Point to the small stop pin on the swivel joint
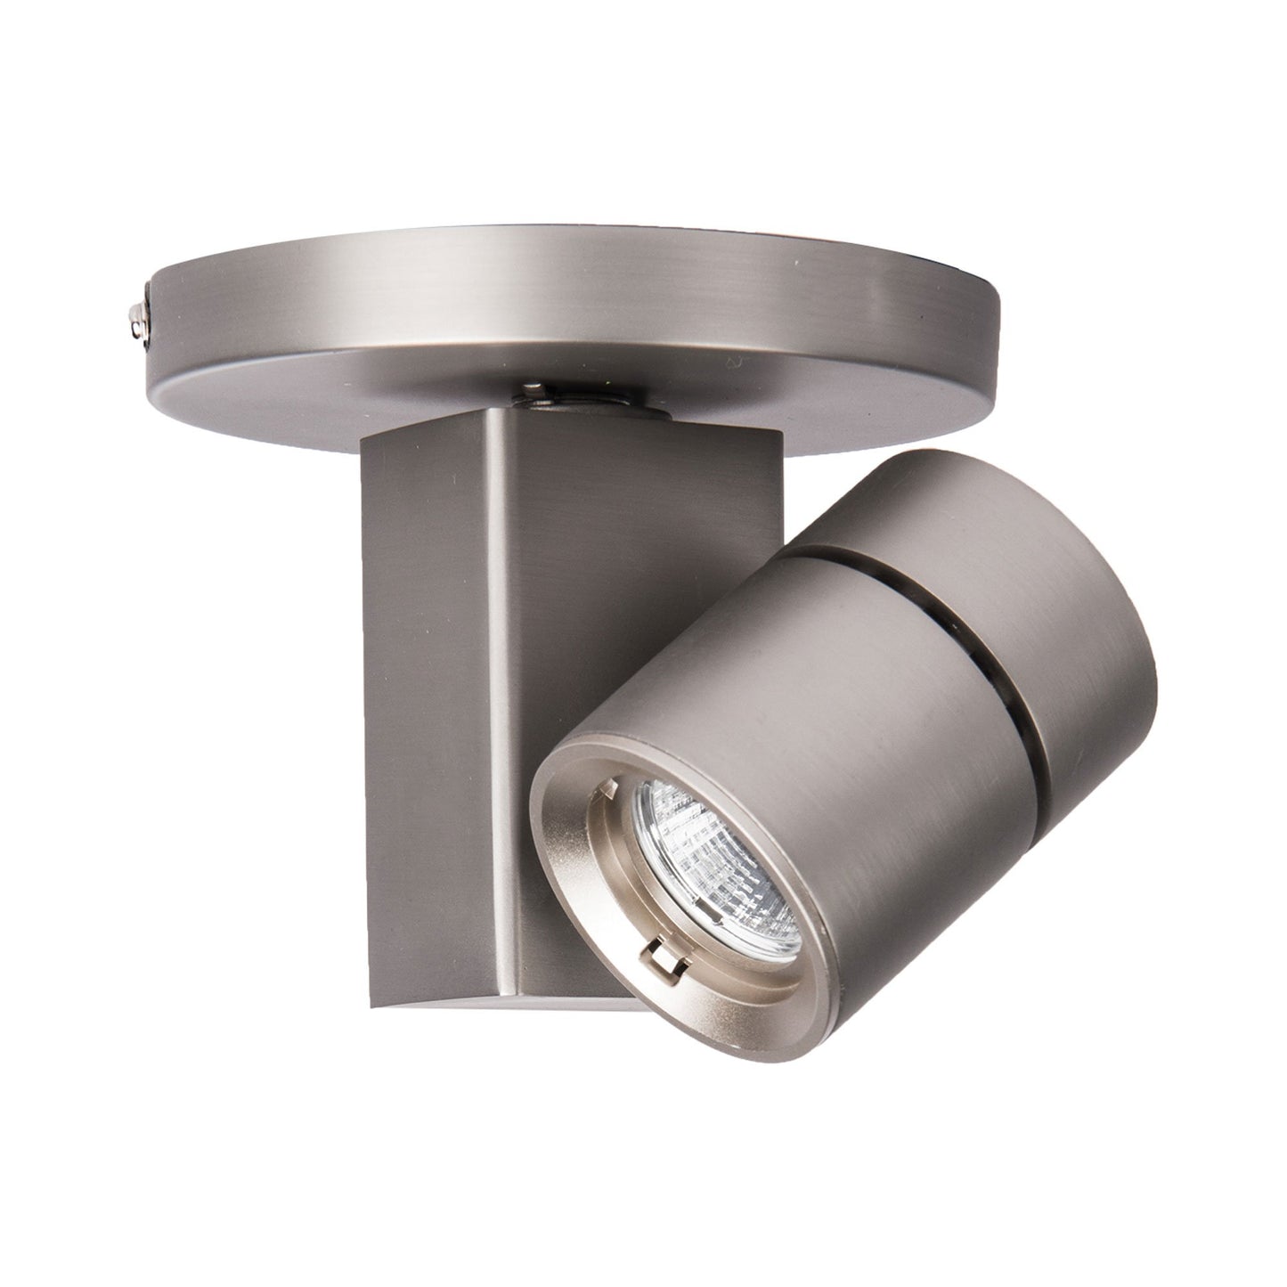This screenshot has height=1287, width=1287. pos(534,388)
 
